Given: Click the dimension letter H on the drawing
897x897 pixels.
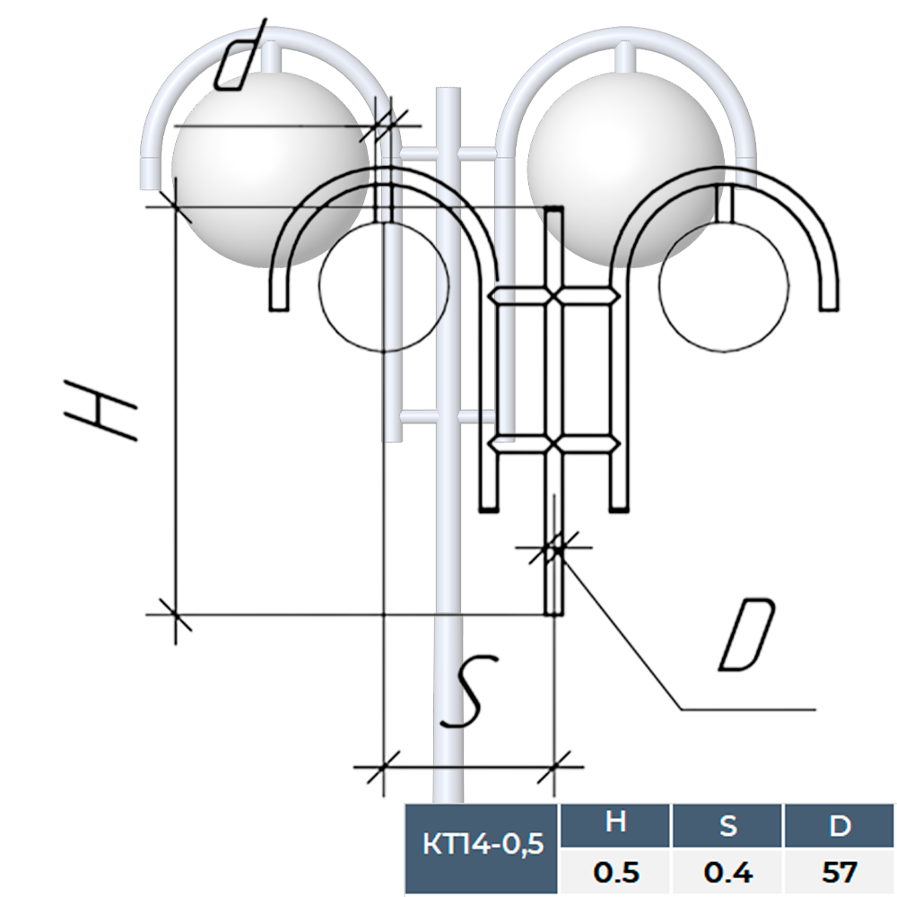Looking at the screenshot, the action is [x=102, y=409].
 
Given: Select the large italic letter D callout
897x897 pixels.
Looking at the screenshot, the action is [x=747, y=634].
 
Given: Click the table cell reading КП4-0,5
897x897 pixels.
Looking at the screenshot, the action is [x=482, y=844].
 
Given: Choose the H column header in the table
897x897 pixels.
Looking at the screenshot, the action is [x=615, y=823].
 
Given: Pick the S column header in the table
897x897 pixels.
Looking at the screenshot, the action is [x=727, y=825].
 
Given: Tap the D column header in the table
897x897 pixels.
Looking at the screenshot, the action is [x=840, y=825].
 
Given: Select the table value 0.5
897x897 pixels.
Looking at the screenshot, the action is [x=615, y=873].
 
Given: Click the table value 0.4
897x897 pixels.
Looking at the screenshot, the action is [x=727, y=873].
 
